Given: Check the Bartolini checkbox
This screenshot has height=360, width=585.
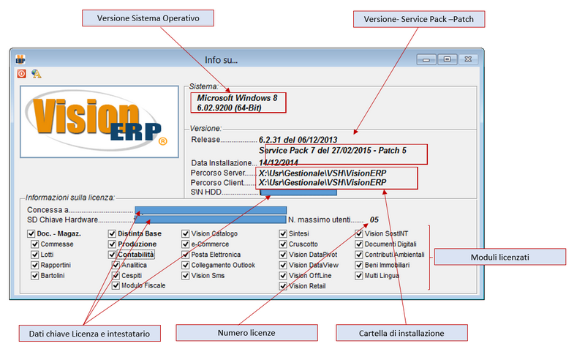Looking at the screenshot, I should tap(35, 276).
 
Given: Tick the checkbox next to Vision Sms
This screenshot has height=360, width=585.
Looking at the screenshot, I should tap(186, 276).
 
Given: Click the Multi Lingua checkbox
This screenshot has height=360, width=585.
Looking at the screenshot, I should tap(359, 276).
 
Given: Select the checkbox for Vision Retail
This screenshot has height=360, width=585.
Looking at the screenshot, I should tap(283, 286).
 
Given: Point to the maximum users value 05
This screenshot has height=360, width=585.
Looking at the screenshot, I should tap(374, 220).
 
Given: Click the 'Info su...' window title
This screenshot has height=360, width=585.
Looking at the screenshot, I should tap(221, 59).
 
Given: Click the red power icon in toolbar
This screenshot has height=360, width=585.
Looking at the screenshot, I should tap(22, 74).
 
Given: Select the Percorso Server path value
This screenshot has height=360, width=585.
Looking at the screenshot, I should tap(322, 173).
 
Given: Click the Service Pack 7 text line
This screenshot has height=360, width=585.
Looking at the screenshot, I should tap(333, 150).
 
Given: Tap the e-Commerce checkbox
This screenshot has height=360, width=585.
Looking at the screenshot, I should tap(186, 244).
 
